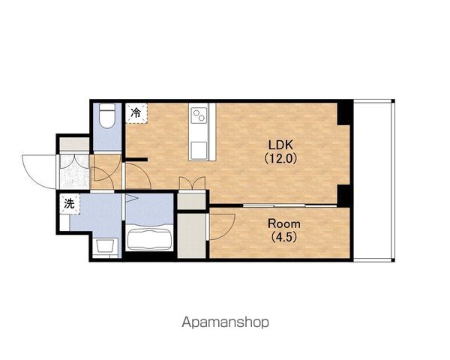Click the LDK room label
[280, 145]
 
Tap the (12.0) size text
[280, 158]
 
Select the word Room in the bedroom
[283, 223]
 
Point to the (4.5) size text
[283, 237]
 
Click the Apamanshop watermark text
[225, 322]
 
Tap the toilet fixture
[107, 115]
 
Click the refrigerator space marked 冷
[136, 113]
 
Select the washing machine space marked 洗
[70, 204]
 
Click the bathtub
[149, 237]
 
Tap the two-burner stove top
[199, 115]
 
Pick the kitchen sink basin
[199, 151]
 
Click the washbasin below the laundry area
[105, 246]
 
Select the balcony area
[373, 180]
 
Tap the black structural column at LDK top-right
[344, 112]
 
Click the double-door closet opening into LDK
[192, 199]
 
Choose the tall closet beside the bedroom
[191, 235]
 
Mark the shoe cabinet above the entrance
[74, 144]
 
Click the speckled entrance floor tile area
[74, 172]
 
